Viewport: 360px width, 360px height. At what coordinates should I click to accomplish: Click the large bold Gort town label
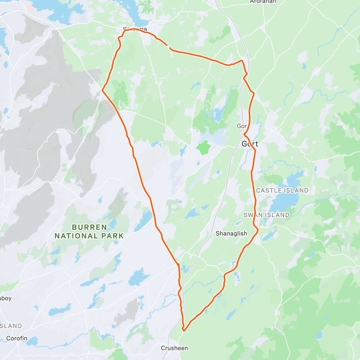(x=250, y=144)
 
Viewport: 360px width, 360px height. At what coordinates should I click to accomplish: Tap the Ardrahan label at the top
(x=263, y=2)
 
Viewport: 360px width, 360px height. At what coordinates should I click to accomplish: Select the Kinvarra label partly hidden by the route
(x=135, y=29)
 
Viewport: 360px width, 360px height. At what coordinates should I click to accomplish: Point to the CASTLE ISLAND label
(x=282, y=190)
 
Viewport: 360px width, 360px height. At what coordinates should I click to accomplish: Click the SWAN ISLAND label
(x=266, y=215)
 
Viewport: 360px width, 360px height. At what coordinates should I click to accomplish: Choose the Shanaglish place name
(x=231, y=233)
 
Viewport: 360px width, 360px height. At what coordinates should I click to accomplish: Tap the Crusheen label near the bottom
(x=174, y=348)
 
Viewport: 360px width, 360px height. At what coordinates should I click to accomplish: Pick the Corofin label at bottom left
(x=17, y=338)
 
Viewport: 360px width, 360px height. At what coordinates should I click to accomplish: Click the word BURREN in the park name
(x=89, y=227)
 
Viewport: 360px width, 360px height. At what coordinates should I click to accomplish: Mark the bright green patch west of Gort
(x=203, y=147)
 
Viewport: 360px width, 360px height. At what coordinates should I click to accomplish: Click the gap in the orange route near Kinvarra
(x=169, y=46)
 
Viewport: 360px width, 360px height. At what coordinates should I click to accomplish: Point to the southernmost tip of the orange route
(x=184, y=331)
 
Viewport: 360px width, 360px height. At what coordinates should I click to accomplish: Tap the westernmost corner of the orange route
(x=103, y=90)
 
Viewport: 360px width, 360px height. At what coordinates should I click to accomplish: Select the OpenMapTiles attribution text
(x=31, y=356)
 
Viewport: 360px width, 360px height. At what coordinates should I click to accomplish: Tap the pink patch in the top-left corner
(x=29, y=7)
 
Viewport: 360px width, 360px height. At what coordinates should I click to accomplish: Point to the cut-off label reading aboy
(x=5, y=298)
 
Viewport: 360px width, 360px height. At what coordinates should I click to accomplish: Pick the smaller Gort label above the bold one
(x=242, y=126)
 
